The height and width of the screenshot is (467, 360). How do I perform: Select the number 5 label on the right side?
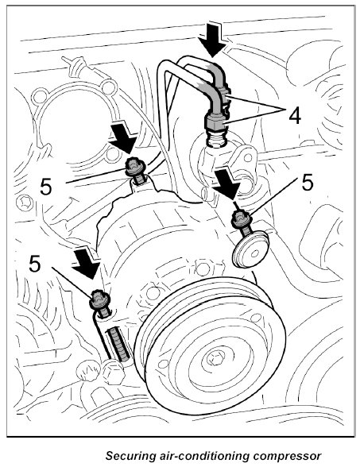(308, 183)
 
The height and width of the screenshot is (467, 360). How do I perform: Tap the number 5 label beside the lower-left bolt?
(35, 264)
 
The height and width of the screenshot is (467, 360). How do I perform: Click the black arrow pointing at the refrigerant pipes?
(212, 39)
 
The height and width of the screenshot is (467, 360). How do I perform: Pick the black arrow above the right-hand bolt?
(227, 183)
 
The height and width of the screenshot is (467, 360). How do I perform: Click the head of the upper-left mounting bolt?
(135, 167)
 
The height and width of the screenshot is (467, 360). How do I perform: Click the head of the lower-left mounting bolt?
(99, 299)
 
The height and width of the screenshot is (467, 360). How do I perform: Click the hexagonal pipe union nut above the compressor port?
(215, 122)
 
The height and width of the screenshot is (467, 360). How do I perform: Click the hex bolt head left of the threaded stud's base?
(113, 372)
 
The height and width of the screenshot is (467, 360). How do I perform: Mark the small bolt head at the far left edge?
(23, 203)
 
